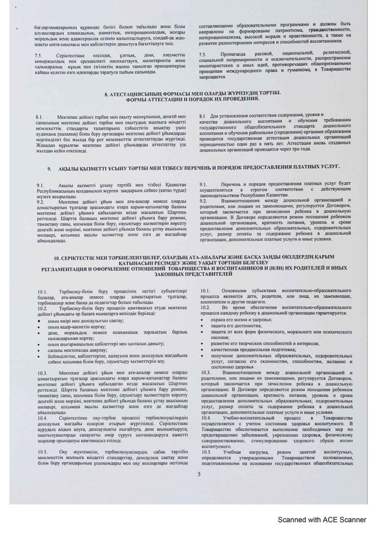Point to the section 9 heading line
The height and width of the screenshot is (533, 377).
tap(193, 169)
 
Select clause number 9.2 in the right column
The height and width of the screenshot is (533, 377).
tap(204, 200)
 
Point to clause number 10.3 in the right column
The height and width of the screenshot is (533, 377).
tap(206, 373)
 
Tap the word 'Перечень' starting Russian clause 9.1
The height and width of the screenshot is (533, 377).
tap(234, 185)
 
